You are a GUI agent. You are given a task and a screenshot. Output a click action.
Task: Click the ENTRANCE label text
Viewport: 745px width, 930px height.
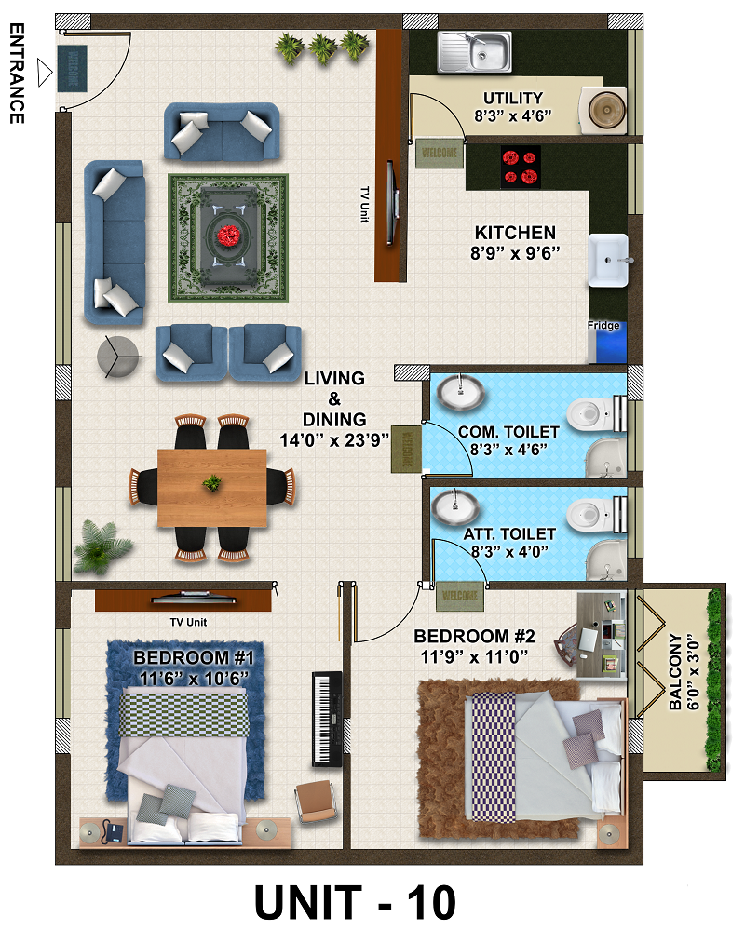(17, 74)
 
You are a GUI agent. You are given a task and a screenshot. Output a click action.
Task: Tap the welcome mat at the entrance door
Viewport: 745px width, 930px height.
(73, 68)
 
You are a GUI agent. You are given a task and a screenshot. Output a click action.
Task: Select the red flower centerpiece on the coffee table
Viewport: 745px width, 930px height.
(228, 236)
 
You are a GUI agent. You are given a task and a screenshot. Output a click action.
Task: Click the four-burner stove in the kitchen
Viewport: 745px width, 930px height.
(521, 167)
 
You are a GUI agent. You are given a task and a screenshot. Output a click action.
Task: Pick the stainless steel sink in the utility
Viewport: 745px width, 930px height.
(475, 52)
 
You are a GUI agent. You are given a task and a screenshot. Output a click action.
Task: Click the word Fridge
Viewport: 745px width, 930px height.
(603, 325)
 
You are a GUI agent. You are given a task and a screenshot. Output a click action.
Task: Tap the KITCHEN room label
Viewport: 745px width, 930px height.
(515, 233)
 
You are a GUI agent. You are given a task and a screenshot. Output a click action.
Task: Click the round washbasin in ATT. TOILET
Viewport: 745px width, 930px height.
(455, 507)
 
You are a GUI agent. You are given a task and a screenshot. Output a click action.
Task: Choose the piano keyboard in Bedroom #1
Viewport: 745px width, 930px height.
(327, 719)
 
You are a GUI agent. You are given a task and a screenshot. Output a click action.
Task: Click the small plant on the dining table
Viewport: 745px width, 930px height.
(211, 483)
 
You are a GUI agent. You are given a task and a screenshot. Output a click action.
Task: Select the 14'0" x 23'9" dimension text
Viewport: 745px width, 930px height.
(334, 439)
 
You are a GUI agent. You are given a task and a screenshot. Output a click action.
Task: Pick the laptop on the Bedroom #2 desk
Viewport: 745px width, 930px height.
(589, 640)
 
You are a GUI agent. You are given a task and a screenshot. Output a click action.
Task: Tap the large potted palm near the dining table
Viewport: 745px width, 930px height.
(101, 546)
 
